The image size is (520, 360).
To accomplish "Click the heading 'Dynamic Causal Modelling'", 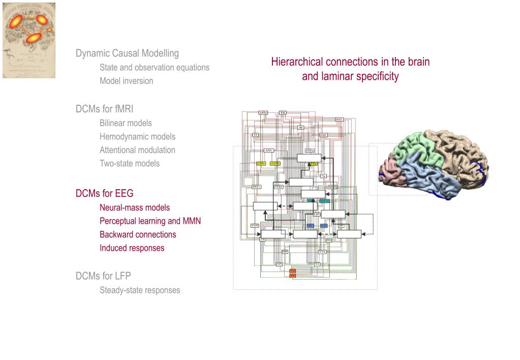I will [127, 53].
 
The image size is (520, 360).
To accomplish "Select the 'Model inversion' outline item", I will [126, 81].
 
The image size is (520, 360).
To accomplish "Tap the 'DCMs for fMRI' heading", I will [104, 109].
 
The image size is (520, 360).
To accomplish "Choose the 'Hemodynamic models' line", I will [137, 136].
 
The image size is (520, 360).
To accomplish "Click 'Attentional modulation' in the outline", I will [137, 150].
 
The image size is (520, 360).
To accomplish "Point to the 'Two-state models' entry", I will [129, 163].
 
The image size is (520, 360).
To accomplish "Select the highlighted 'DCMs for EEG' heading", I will [104, 193].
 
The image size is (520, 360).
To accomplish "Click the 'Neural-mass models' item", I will [135, 207].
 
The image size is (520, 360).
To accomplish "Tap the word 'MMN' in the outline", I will [192, 221].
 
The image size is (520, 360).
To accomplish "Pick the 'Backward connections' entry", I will [138, 234].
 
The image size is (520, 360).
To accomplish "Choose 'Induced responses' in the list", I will [132, 248].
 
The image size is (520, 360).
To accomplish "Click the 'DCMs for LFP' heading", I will [103, 276].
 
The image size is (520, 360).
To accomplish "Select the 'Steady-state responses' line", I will [139, 290].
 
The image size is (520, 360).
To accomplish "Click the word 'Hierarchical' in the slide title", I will [297, 62].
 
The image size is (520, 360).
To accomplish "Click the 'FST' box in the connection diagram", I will [339, 119].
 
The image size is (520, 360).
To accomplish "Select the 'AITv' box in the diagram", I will [269, 151].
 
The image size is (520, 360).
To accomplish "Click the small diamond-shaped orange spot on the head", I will [49, 29].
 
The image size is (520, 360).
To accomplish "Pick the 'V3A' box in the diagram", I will [322, 252].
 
